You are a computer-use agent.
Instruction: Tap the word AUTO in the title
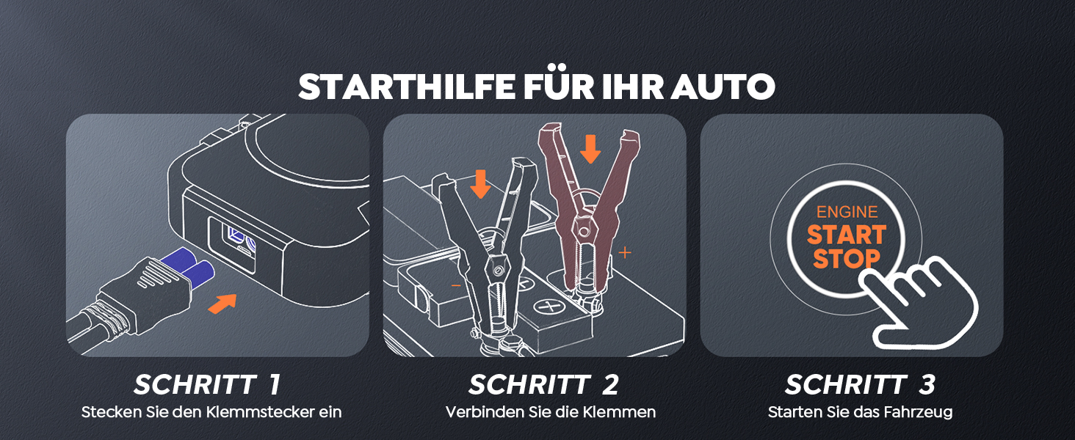(723, 87)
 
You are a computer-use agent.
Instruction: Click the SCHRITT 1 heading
(207, 384)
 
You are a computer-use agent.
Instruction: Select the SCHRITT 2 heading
(543, 384)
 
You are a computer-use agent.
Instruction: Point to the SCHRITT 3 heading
(860, 384)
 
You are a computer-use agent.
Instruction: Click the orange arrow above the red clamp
(590, 149)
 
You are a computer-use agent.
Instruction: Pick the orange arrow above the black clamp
(480, 183)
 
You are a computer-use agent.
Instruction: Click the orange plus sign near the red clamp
(625, 252)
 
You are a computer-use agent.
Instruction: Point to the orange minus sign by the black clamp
(456, 286)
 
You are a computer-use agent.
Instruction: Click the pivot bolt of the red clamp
(584, 232)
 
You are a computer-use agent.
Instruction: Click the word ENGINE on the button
(847, 212)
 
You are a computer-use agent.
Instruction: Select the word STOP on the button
(847, 259)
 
